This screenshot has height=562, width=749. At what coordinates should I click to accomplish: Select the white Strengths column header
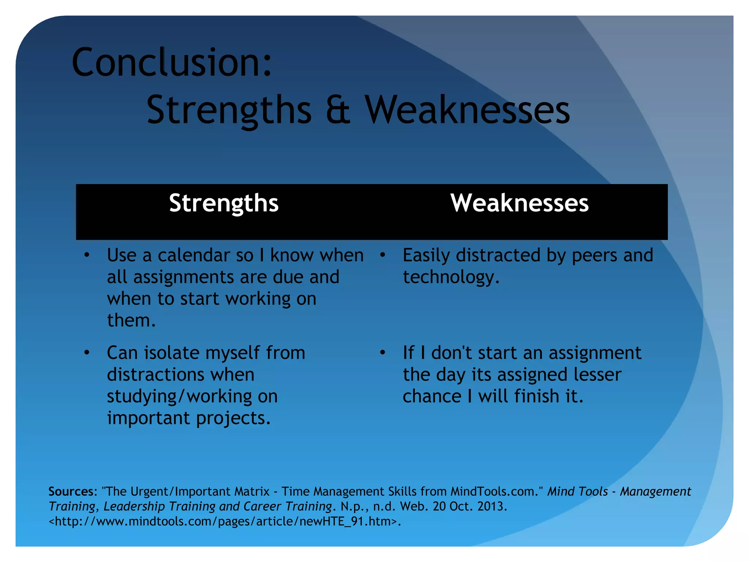224,203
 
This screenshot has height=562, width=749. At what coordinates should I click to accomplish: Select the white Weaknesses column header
519,203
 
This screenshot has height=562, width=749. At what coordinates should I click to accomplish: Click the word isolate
171,353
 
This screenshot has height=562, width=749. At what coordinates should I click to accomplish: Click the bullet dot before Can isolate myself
87,353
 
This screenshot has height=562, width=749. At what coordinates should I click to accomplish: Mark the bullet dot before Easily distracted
383,255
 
